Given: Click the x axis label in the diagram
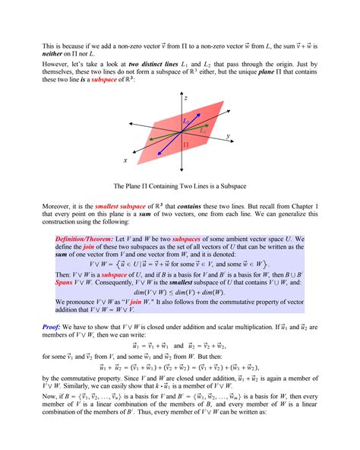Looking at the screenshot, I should point(125,160).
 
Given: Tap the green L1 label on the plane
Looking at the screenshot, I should point(202,132).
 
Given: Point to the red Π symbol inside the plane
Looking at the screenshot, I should point(185,144).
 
